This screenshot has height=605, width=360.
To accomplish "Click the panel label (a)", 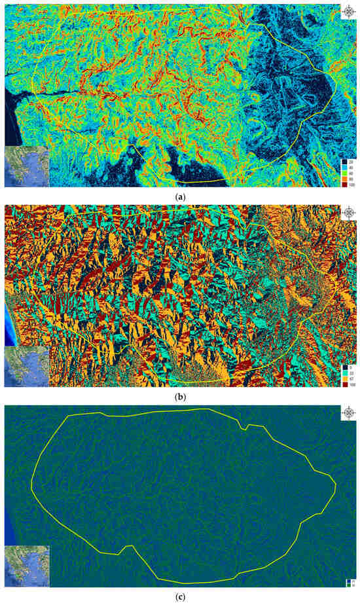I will coord(180,195).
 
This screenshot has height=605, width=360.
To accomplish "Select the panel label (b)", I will coord(180,397).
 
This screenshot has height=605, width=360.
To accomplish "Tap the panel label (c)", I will coord(180,598).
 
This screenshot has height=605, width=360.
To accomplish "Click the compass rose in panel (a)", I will coord(349,11).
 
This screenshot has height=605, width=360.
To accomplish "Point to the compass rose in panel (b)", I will coord(349,213).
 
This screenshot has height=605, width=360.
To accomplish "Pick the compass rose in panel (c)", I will coord(349,413).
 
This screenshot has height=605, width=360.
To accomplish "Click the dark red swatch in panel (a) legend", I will coord(345,184).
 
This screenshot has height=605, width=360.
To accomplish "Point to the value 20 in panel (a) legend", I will coord(352,161).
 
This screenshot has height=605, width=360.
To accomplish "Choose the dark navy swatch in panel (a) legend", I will coord(345,161).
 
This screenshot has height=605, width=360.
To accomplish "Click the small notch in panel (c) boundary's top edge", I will coord(243,429).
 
